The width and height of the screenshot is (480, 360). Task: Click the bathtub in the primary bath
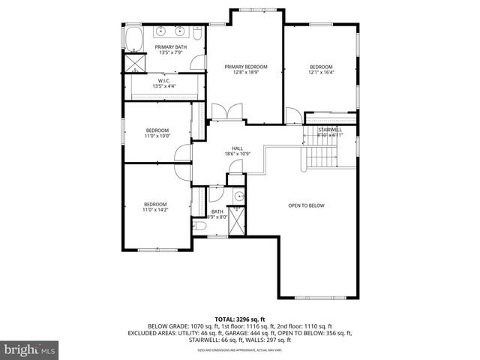tap(136, 37)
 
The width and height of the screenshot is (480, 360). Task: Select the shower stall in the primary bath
tap(135, 62)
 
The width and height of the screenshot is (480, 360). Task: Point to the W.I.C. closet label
tap(164, 83)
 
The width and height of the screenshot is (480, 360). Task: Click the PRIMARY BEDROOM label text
tap(245, 69)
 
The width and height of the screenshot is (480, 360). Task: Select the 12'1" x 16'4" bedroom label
tap(321, 69)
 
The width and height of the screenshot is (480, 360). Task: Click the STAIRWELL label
tap(330, 132)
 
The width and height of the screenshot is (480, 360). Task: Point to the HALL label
tap(237, 151)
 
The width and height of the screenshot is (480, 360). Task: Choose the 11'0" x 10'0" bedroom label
tap(157, 133)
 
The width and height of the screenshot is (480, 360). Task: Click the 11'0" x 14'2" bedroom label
tap(155, 207)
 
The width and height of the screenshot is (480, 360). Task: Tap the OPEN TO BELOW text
tap(306, 205)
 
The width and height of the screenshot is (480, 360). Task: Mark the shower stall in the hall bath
tap(236, 222)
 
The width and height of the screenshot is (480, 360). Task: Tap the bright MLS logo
tap(30, 349)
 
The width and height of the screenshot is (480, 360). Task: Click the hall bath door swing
tap(216, 194)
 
